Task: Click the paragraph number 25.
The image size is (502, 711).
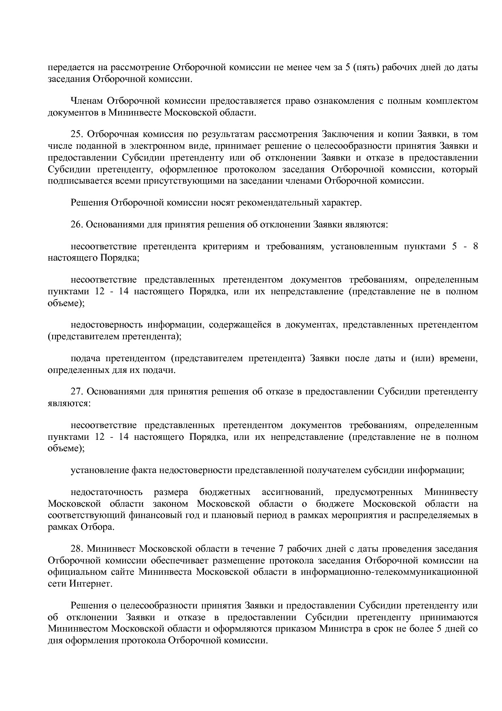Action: tap(77, 134)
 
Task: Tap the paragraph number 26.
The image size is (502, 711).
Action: tap(77, 224)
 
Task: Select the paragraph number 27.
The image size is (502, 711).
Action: tap(77, 392)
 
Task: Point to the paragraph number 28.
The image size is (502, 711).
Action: tap(77, 549)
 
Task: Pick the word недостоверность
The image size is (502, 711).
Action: tap(106, 325)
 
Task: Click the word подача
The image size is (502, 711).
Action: tap(85, 359)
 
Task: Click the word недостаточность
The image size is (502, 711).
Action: tap(106, 493)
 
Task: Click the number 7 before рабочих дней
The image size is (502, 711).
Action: tap(281, 549)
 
